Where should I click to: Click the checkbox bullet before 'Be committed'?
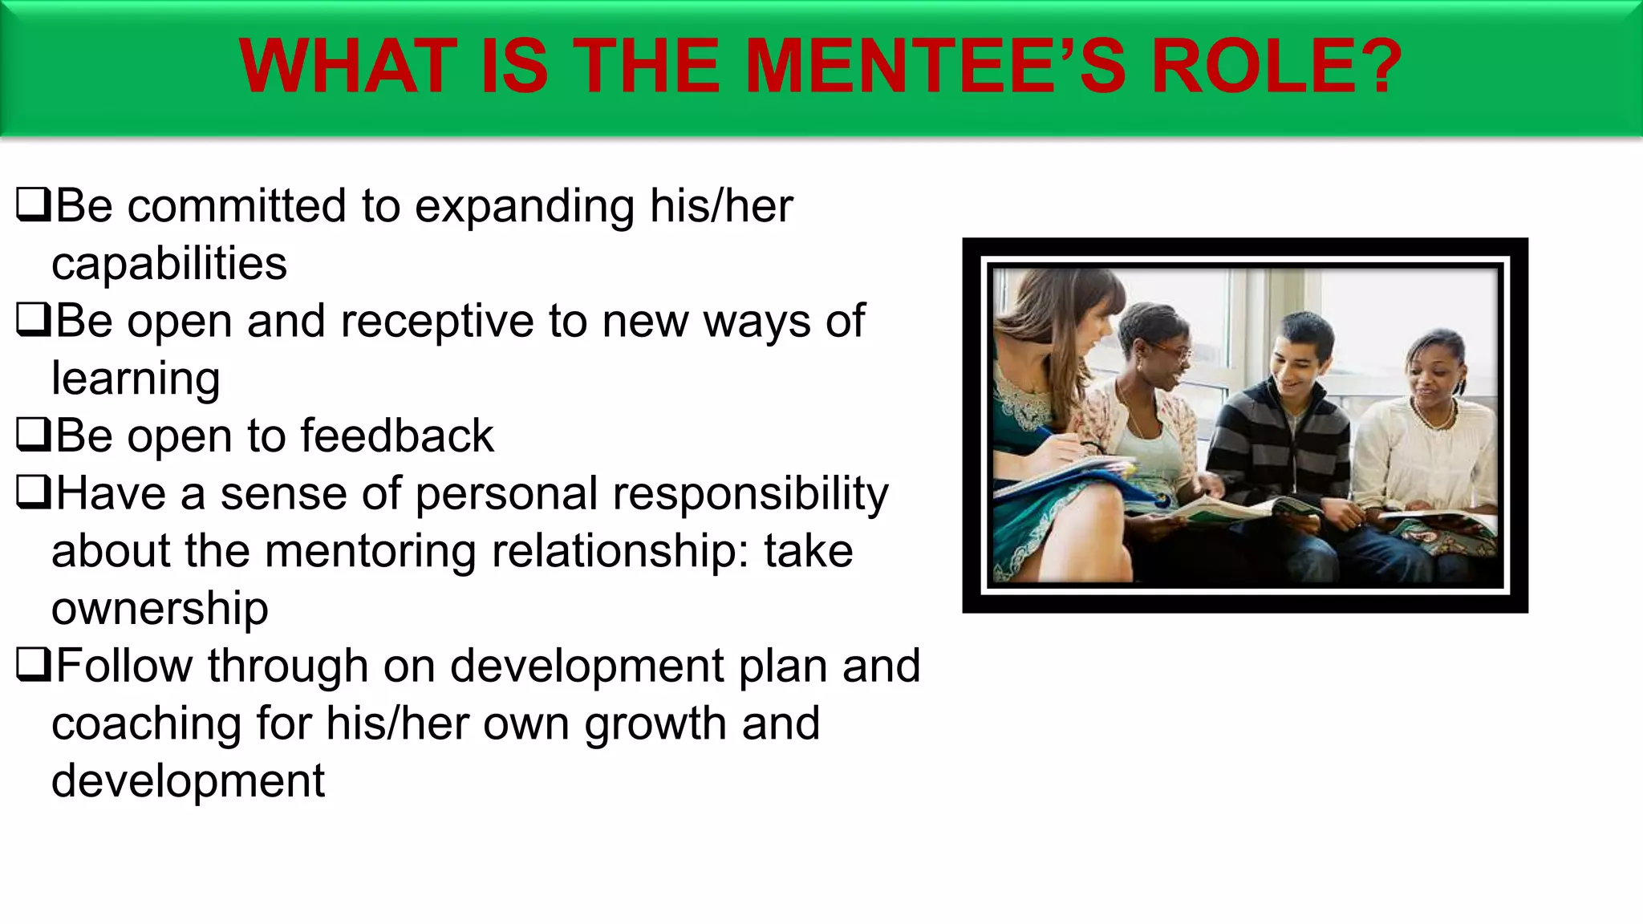(33, 205)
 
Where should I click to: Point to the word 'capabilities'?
(169, 264)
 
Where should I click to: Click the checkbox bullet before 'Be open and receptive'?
(33, 320)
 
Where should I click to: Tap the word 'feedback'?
(397, 436)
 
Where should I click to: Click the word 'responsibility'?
(751, 494)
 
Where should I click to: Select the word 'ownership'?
(160, 609)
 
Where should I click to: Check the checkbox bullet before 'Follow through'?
(33, 665)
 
